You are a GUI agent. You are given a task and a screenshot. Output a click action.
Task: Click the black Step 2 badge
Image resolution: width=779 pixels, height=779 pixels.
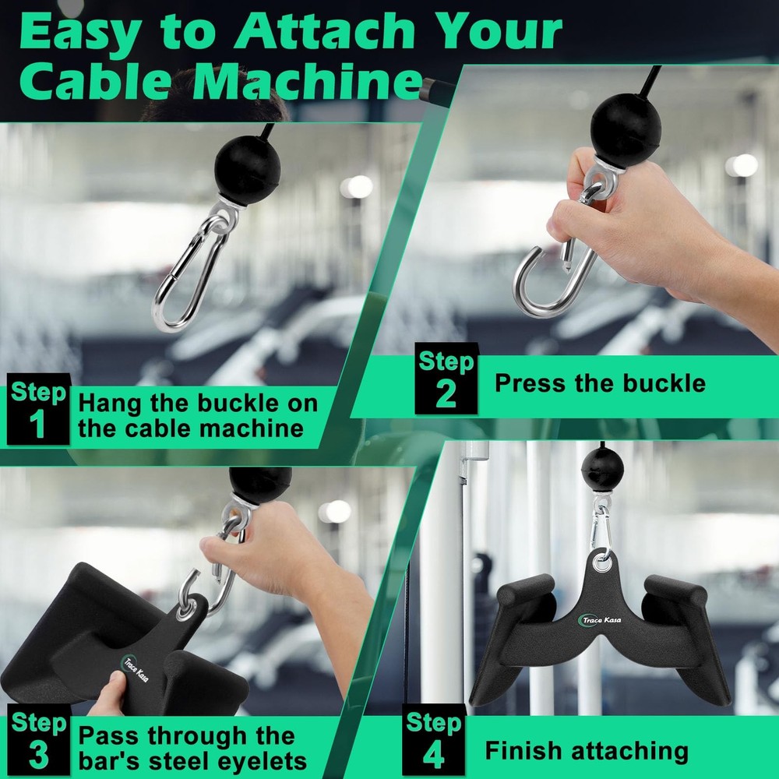point(446,379)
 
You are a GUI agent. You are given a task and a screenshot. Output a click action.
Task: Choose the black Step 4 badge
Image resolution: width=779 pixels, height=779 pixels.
point(433,741)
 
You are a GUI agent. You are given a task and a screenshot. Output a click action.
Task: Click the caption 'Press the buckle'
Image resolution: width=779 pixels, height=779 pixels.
point(600,383)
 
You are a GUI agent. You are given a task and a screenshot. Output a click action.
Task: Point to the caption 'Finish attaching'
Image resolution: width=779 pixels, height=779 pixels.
point(587,751)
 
